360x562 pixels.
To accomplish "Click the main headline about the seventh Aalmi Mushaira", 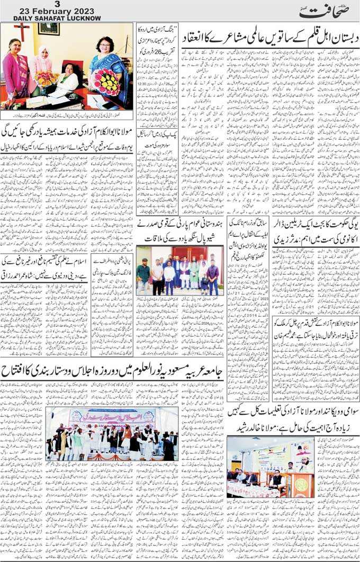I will click(x=269, y=38).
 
